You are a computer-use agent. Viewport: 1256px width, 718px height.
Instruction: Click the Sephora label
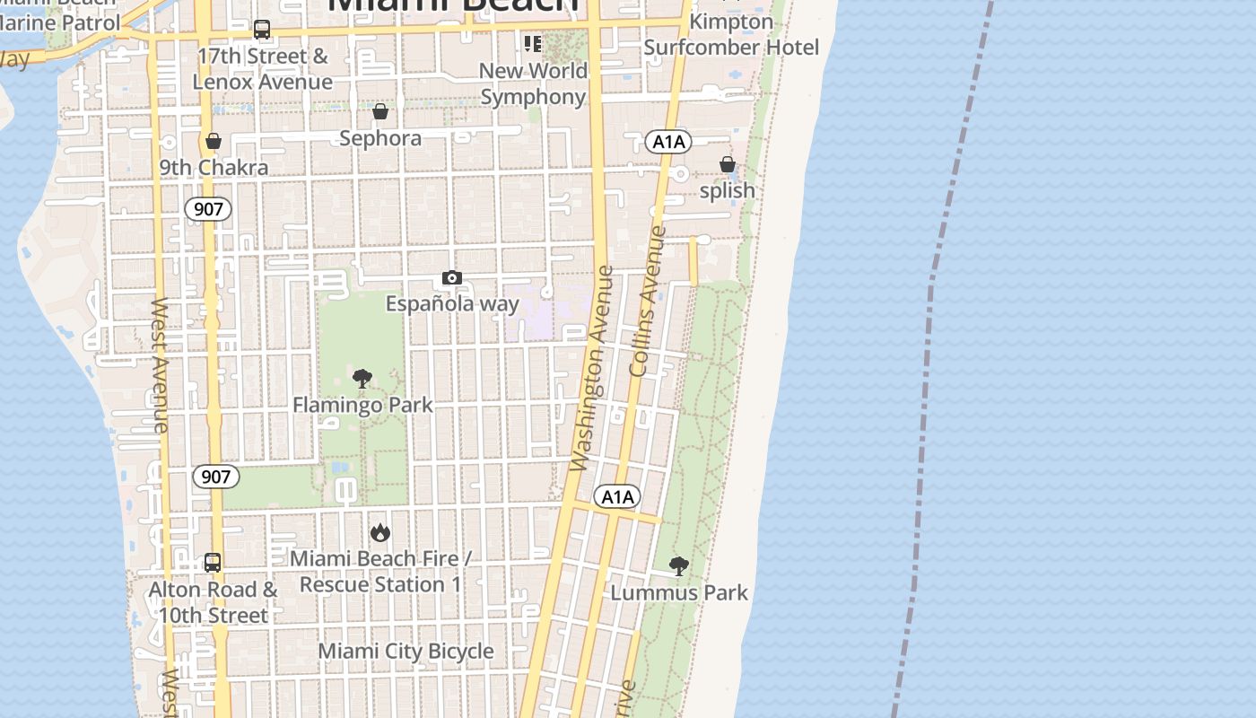click(380, 138)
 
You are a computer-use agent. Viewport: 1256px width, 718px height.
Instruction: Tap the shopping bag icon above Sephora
click(380, 112)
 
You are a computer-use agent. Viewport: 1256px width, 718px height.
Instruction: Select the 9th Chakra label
click(214, 168)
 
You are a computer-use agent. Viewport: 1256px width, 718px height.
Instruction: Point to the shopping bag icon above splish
click(728, 164)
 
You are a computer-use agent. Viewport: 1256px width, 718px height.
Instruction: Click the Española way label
click(452, 303)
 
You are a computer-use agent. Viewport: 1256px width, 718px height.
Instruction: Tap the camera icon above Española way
click(452, 278)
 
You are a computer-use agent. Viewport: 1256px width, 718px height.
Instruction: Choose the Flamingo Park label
click(362, 405)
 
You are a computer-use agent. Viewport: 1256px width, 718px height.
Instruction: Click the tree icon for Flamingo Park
click(362, 379)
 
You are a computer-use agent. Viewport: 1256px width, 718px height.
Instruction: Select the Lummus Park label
click(679, 592)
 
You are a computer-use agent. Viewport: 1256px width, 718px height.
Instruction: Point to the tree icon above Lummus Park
click(679, 566)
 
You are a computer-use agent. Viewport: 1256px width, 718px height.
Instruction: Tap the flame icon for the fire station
click(380, 533)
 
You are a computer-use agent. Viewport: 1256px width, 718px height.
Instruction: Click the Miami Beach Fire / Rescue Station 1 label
click(380, 572)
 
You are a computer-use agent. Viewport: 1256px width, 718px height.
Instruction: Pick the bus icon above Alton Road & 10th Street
click(213, 563)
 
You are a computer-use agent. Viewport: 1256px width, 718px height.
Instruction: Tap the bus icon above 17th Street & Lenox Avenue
click(262, 30)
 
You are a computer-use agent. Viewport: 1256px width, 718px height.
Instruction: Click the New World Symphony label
click(533, 83)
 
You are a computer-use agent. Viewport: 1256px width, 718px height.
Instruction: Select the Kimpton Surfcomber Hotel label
click(731, 34)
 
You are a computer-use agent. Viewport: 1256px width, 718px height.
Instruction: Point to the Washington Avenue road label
click(592, 368)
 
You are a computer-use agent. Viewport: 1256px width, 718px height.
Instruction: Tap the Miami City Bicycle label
click(406, 651)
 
